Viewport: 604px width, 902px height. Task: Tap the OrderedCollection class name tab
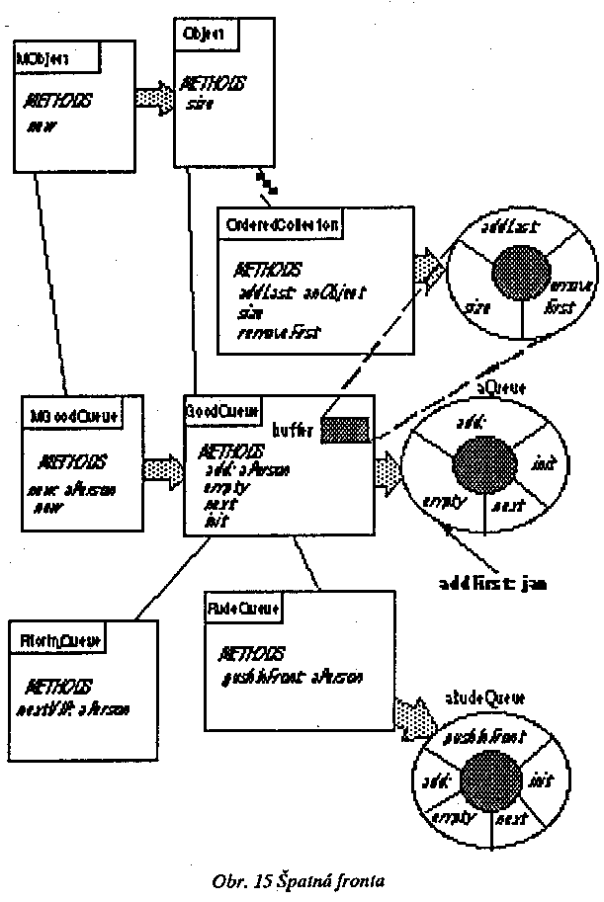pos(281,223)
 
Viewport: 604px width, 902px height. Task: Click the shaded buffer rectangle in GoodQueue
pos(346,428)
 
